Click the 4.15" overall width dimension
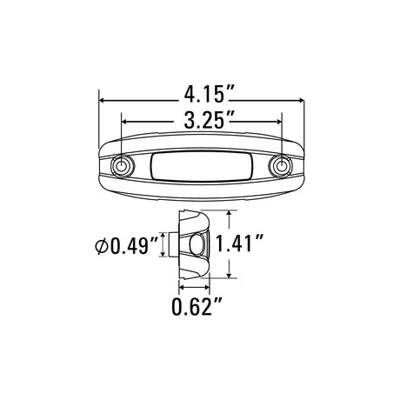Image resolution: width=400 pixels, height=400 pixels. (205, 94)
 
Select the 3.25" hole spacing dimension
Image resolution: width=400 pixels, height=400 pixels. (204, 120)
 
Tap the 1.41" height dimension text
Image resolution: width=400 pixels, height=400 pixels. (240, 243)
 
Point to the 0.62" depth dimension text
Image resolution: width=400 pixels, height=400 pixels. (197, 306)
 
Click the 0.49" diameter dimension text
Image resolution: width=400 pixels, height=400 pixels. (135, 246)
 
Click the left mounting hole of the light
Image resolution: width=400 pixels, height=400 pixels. (122, 166)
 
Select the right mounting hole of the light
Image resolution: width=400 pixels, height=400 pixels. (280, 166)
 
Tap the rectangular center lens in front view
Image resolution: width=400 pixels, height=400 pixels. (203, 166)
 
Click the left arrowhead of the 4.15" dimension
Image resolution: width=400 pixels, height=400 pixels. (102, 100)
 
